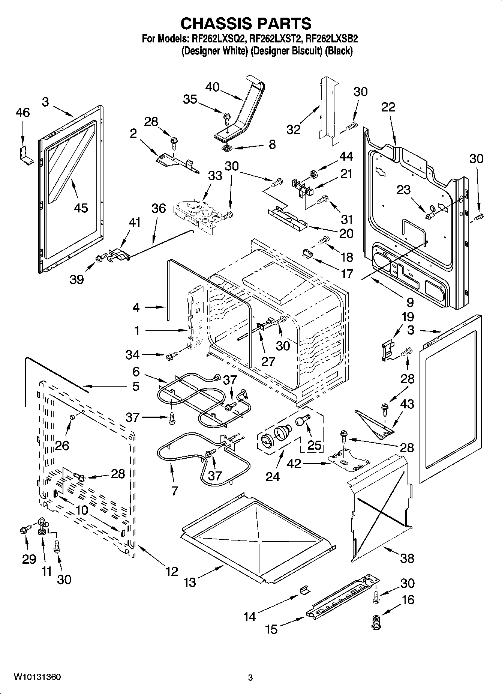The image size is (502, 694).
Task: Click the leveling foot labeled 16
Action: pos(375,622)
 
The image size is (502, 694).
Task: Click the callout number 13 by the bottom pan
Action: pos(190,583)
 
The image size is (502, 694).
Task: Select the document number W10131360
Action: pos(37,677)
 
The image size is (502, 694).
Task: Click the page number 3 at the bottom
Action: pos(250,677)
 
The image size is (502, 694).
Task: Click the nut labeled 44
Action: pos(312,173)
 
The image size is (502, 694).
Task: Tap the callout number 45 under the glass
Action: pos(81,208)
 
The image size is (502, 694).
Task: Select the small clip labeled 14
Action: pos(304,590)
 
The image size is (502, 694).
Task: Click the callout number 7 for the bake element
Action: pos(175,491)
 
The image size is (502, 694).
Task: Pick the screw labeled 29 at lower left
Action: pos(24,530)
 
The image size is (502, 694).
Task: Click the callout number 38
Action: pos(407,558)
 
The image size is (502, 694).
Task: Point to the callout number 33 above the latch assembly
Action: pos(215,175)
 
